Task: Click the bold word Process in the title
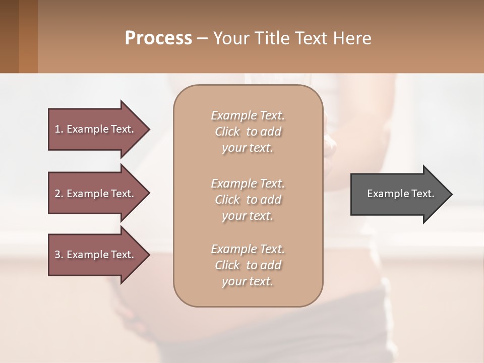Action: pos(158,38)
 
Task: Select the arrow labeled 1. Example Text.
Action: pos(96,129)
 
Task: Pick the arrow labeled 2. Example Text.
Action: pos(96,194)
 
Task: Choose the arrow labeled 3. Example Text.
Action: pos(96,255)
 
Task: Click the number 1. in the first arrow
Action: pos(59,129)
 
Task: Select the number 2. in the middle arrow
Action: pos(59,194)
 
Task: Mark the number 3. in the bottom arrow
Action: pos(59,255)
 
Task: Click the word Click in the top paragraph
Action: pos(227,132)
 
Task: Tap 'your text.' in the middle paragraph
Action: pos(248,216)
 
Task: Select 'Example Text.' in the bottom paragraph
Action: pos(248,249)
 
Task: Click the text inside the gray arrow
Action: pos(400,194)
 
